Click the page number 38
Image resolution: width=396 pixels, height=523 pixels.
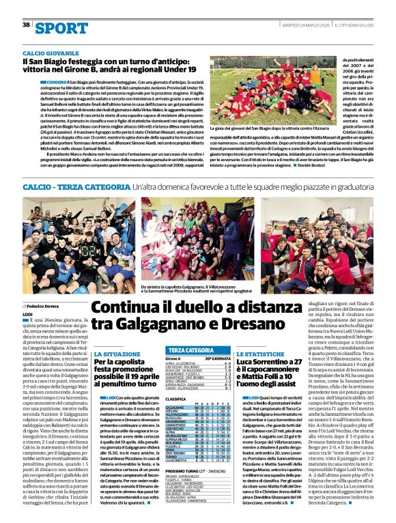26,25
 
